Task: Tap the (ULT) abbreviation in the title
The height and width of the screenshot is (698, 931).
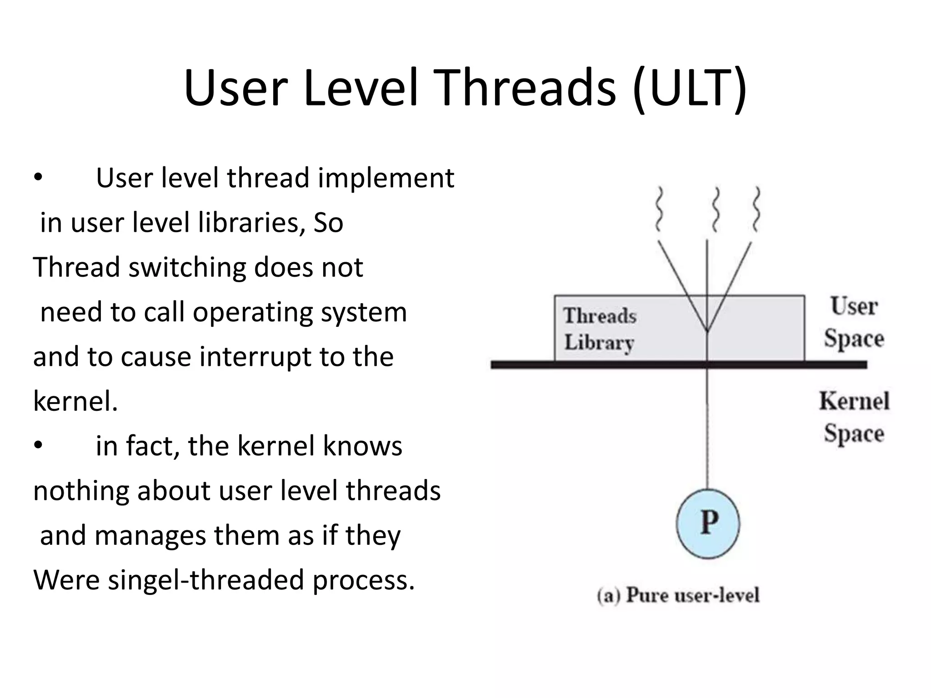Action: click(x=689, y=89)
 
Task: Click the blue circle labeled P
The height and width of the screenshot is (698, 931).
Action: click(x=708, y=523)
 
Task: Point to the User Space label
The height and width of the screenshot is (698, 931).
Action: click(x=854, y=322)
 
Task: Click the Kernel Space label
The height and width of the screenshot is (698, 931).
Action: click(x=854, y=417)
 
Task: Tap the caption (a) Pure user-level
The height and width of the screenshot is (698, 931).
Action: click(x=678, y=595)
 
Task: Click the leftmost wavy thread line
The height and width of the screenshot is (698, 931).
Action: click(x=659, y=209)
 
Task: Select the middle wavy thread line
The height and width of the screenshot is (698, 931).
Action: click(x=716, y=209)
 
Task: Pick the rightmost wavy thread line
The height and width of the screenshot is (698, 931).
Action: click(x=756, y=209)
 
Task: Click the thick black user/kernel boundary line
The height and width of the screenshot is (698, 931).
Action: click(x=591, y=364)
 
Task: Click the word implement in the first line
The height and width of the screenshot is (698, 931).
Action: click(x=386, y=178)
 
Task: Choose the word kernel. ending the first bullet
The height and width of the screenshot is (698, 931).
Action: click(x=75, y=402)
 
